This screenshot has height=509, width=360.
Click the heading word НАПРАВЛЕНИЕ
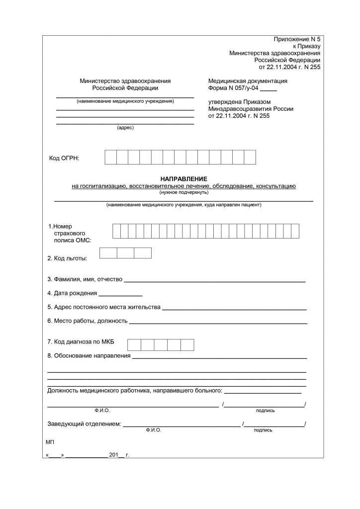tap(183, 178)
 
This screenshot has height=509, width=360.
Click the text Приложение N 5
tap(297, 39)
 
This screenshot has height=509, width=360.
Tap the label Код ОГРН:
tap(64, 158)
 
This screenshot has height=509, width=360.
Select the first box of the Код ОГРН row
tap(110, 157)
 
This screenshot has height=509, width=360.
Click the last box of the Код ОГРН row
tap(250, 157)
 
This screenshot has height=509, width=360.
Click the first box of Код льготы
tap(108, 253)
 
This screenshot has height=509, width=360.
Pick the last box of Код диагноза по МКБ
tap(187, 345)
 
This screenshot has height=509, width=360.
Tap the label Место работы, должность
tap(88, 321)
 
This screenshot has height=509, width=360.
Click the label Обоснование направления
tap(89, 356)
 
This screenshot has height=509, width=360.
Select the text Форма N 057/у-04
tap(233, 88)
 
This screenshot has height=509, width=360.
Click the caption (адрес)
tap(125, 128)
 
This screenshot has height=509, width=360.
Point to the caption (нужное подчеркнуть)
tap(183, 192)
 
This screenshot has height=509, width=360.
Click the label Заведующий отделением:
tap(84, 424)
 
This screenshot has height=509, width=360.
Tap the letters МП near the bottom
tap(50, 441)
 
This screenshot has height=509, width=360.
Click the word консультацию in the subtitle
tap(276, 186)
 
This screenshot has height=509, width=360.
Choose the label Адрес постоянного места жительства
tap(104, 307)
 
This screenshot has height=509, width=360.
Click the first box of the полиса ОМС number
tap(116, 231)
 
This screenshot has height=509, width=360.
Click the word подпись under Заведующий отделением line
tap(263, 430)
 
